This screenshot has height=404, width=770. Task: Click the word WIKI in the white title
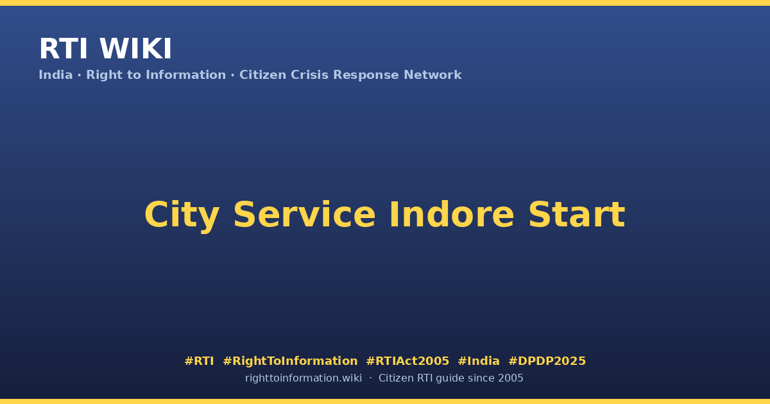(135, 49)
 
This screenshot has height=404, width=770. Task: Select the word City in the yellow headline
(182, 215)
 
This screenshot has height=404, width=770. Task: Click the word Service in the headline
(304, 214)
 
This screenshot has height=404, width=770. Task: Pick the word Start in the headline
(577, 214)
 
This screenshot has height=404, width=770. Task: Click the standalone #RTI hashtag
(199, 361)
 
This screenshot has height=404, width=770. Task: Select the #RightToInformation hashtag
(290, 361)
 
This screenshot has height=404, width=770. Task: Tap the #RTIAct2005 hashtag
(407, 361)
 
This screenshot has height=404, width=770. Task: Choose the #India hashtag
(479, 361)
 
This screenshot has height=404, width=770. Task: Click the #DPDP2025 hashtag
(547, 361)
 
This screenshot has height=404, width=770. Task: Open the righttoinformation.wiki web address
(303, 378)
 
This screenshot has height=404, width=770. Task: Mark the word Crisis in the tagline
(309, 75)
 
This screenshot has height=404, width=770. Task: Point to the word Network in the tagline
(432, 75)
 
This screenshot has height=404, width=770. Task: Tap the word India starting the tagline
(56, 75)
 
